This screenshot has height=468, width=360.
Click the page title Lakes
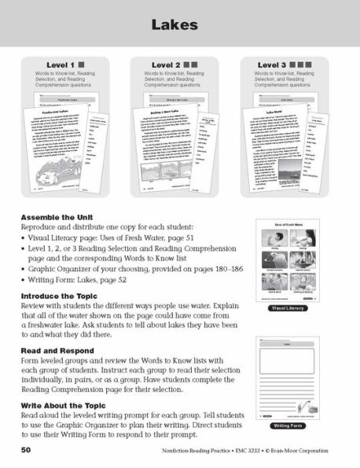(179, 27)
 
